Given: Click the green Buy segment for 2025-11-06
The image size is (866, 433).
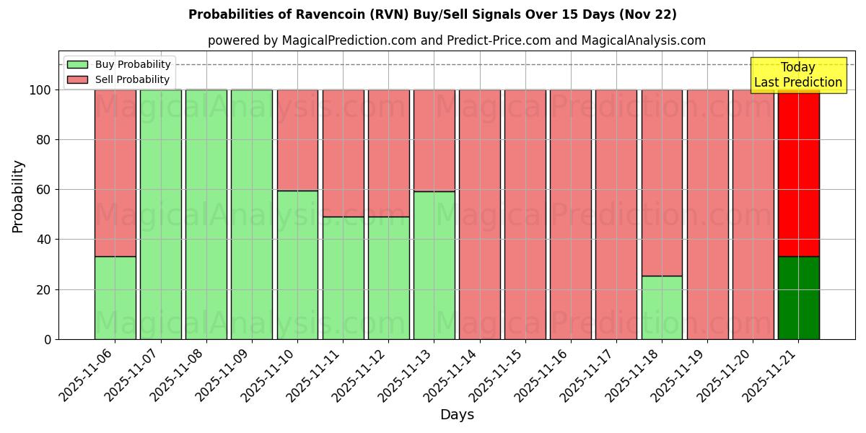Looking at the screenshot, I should [115, 297].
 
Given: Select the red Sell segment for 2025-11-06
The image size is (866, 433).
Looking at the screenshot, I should [115, 173].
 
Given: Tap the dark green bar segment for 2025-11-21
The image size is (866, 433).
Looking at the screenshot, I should [798, 297].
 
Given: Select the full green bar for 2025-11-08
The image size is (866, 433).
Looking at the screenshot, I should [206, 214].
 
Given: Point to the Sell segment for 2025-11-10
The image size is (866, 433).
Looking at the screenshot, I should [297, 140].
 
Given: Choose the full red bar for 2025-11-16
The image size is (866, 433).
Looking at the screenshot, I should [570, 214].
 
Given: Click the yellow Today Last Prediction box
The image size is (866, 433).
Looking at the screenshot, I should [798, 75].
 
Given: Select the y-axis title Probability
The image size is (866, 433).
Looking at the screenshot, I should [18, 196].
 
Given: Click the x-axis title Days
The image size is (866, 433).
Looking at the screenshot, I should [457, 415].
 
